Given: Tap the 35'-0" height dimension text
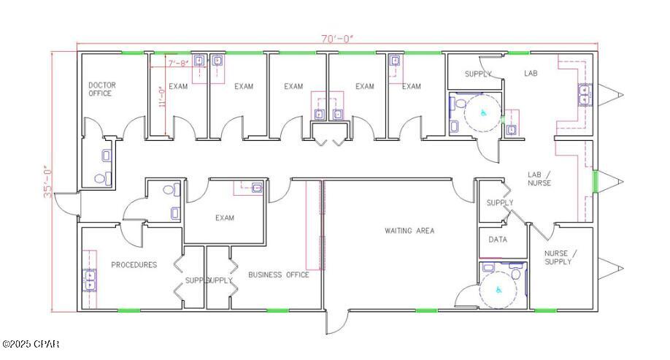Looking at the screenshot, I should point(47,181).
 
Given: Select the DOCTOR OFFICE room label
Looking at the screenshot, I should point(101,89).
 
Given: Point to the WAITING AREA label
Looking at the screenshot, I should point(409,231).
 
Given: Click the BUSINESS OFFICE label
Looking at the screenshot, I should point(278,275).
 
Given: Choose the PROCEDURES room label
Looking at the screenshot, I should point(134,265).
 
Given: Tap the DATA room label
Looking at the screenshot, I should point(498,240).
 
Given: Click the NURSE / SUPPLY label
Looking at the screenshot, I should point(561,257).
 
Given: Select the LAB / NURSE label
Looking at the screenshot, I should point(539,178).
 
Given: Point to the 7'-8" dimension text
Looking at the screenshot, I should point(178,64).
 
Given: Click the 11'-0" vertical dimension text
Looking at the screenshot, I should point(163,96).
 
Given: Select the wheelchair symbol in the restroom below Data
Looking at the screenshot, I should point(499,289).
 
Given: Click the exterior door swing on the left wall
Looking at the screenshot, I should point(66,204).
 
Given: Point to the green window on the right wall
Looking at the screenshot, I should point(595,181).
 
